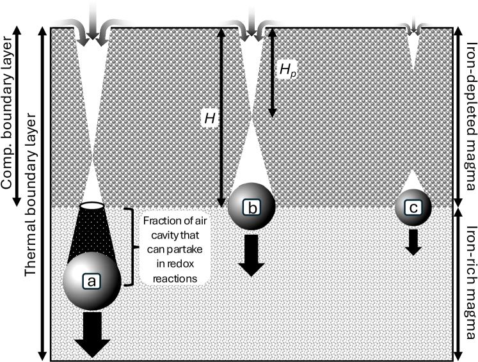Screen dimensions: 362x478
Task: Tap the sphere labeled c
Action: click(413, 207)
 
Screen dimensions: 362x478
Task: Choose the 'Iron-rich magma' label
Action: click(470, 286)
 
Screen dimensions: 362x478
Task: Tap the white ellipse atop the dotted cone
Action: click(93, 206)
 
